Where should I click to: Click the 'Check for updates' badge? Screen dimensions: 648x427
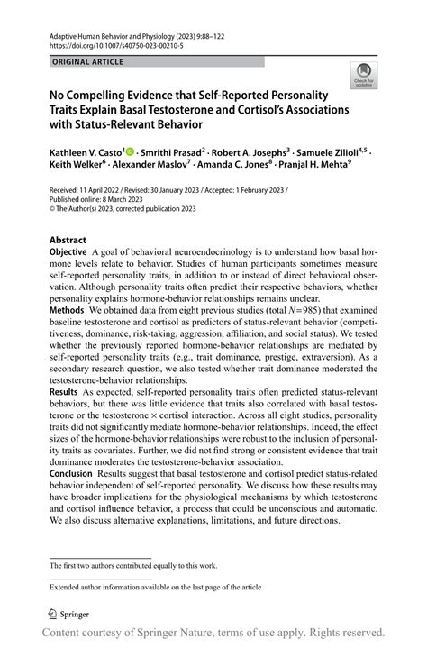(x=363, y=78)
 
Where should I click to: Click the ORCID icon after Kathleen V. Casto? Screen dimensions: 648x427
(x=132, y=154)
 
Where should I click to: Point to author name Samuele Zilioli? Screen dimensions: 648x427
(x=340, y=154)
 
